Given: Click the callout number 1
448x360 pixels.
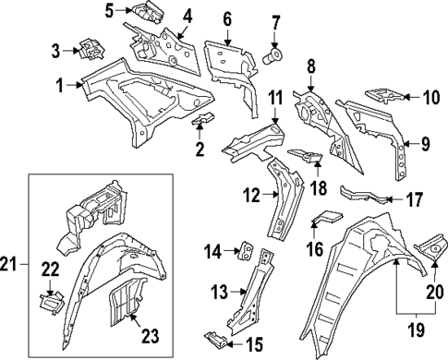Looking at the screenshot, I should pyautogui.click(x=60, y=85).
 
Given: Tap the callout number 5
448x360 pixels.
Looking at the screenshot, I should pyautogui.click(x=109, y=11).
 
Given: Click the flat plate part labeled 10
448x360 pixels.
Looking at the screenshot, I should pyautogui.click(x=386, y=94).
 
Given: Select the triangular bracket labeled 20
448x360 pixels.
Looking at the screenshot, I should pyautogui.click(x=430, y=247).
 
